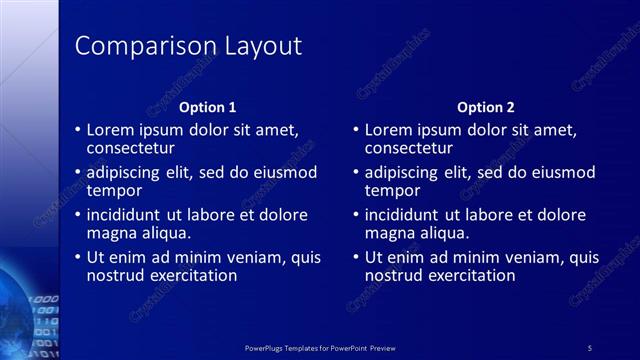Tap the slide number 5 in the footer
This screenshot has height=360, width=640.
click(590, 347)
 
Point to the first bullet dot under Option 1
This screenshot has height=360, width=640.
click(78, 130)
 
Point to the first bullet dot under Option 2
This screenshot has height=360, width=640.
click(356, 130)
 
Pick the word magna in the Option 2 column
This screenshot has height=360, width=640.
click(389, 233)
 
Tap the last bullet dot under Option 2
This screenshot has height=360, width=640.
click(356, 257)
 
